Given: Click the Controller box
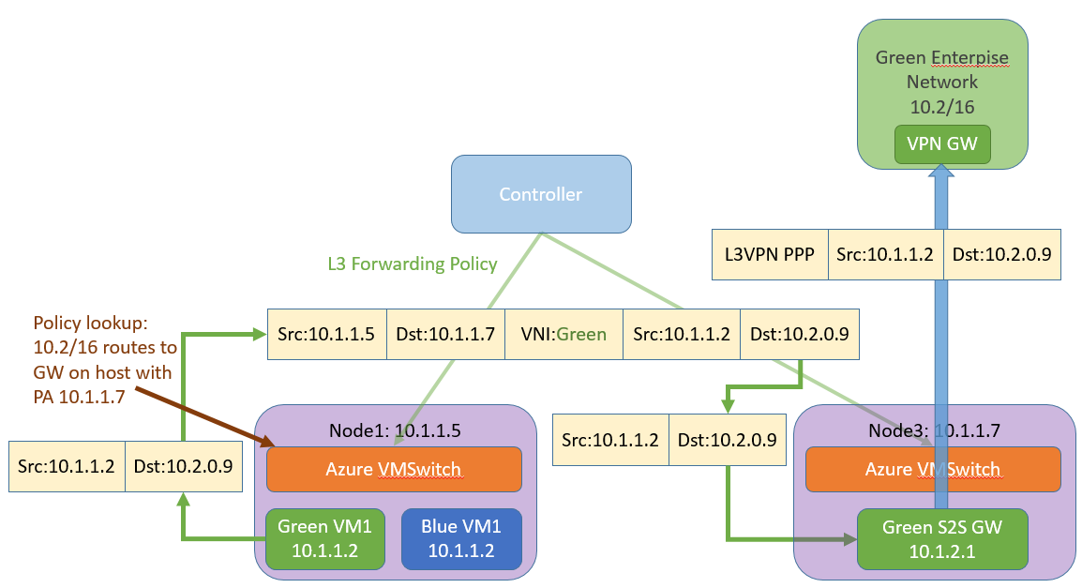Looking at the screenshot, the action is click(x=541, y=194).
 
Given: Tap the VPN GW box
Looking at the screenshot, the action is click(x=942, y=144).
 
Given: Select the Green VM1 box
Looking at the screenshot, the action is click(x=325, y=539).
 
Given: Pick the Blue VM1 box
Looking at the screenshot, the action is click(x=461, y=539).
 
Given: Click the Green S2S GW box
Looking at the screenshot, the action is click(x=942, y=539).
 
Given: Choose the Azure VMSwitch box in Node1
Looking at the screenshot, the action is click(x=394, y=469).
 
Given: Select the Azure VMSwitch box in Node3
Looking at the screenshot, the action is click(x=933, y=469).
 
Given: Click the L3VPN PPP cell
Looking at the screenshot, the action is click(x=770, y=255).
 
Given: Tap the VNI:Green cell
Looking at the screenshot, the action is click(x=564, y=334).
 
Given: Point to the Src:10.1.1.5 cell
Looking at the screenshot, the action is click(x=327, y=334).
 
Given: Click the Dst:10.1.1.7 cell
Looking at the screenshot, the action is click(x=445, y=334).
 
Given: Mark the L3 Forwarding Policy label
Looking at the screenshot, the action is click(x=413, y=264).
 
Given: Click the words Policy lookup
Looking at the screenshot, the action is click(x=90, y=323).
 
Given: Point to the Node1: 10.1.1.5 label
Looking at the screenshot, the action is click(x=395, y=430).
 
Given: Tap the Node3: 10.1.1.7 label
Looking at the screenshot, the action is click(x=934, y=430).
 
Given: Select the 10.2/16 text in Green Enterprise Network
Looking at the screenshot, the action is click(x=942, y=107).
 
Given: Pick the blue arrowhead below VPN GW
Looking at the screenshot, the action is click(x=941, y=171).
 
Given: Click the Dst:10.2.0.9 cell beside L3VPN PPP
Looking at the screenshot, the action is click(x=1002, y=255).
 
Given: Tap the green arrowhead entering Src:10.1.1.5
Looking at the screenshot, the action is click(x=260, y=335).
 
